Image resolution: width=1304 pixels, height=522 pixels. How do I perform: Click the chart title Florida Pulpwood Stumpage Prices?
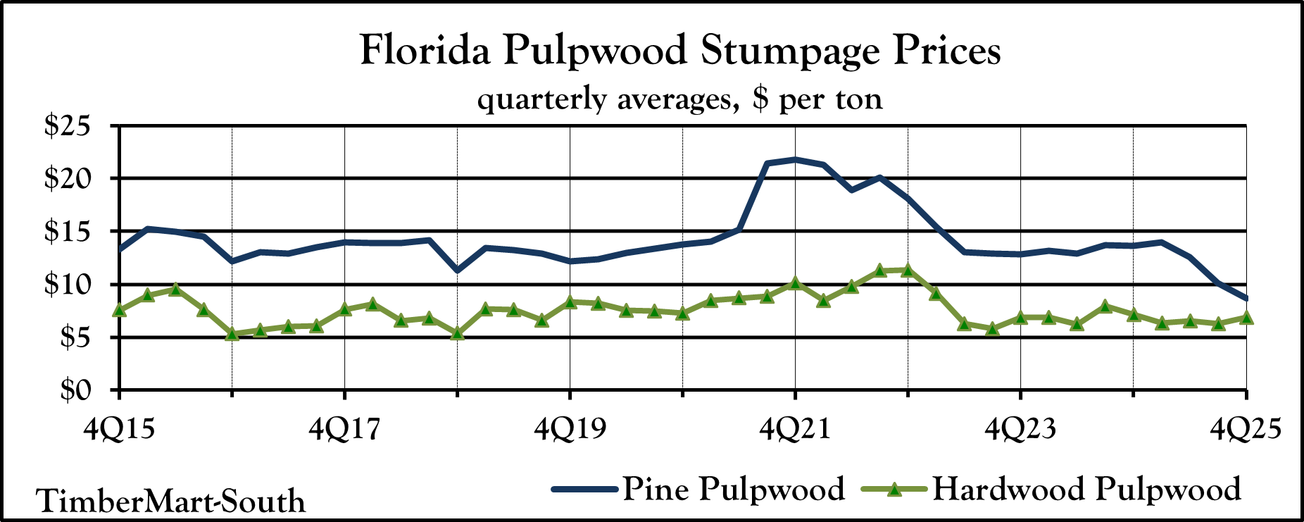coord(679,51)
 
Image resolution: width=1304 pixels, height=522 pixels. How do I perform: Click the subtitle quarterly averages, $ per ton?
coord(679,99)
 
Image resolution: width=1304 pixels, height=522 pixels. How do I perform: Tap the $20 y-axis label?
coord(68,179)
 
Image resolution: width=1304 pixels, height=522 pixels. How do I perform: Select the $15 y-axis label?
coord(68,232)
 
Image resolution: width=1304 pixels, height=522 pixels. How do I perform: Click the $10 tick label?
coord(68,285)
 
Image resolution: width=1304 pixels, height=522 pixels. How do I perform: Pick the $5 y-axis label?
coord(73,337)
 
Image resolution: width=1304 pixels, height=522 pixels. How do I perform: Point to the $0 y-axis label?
coord(73,390)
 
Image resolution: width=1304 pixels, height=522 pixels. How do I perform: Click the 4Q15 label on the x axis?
coord(119,429)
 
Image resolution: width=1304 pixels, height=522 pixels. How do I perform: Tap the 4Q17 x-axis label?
coord(344,429)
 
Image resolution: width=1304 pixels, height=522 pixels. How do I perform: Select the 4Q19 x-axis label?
coord(570,429)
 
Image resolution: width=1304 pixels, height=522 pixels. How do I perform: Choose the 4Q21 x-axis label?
coord(795,429)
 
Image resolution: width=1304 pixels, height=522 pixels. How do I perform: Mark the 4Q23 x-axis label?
coord(1020,429)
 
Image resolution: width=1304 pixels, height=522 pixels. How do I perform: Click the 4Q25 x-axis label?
coord(1246,429)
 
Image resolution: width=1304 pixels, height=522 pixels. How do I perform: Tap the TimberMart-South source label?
coord(171,501)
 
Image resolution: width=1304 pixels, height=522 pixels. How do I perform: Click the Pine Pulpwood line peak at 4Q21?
coord(795,159)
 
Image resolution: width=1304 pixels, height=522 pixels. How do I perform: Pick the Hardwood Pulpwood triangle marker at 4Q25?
coord(1246,318)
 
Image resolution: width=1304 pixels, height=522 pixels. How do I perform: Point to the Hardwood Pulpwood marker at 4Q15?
coord(120,310)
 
